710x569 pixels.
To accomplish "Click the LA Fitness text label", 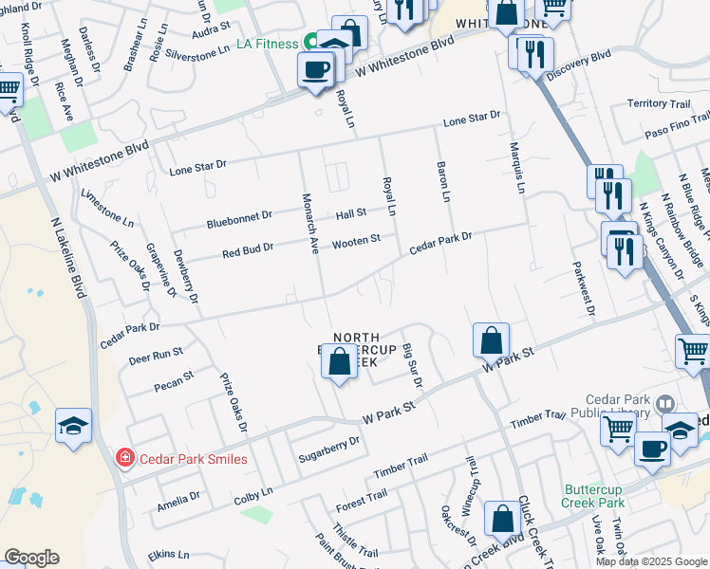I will coord(268,44).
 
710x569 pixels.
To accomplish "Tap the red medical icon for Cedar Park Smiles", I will coord(123,459).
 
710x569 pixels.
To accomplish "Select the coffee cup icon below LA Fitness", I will coord(315,70).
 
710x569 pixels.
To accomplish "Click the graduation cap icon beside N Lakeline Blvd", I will coord(73,428).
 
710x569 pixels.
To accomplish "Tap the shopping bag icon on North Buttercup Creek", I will coord(340,361).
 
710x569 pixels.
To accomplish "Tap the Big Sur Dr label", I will coord(412,365).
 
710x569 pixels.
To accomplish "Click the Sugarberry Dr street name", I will coord(329,443).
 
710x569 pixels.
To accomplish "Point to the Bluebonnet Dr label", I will coord(239,219).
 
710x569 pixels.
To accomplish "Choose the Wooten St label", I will coord(356,242).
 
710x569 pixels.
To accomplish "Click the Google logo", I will coord(31,558).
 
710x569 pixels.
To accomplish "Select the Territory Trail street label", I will coord(658,103).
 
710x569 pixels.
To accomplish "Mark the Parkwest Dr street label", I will coord(583,288).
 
